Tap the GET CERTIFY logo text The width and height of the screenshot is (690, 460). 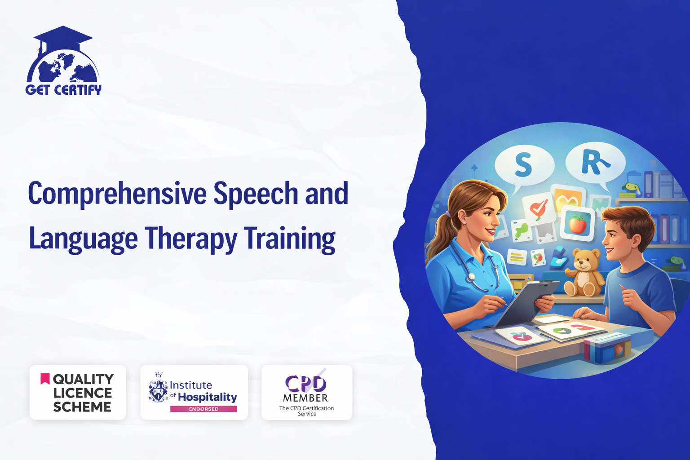tap(63, 90)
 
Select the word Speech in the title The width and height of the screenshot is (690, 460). tap(256, 194)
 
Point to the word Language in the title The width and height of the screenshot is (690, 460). tap(83, 240)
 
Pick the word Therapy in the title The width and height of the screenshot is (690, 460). tap(191, 240)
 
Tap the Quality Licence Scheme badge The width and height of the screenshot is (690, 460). tap(78, 392)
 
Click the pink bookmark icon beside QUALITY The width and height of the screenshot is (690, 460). tap(45, 379)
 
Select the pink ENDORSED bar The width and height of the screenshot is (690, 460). tap(203, 409)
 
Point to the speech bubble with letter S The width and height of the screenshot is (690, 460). tap(524, 166)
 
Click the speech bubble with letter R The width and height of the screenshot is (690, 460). tap(595, 164)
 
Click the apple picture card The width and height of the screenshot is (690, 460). tap(577, 223)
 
